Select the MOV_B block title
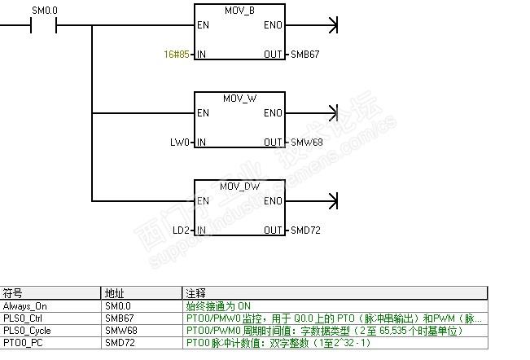[239, 11]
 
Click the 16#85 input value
[176, 55]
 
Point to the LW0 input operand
[181, 143]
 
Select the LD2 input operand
[182, 230]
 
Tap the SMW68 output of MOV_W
[306, 143]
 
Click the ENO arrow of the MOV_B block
[330, 25]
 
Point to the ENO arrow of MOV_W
[330, 113]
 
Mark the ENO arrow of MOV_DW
[330, 201]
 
